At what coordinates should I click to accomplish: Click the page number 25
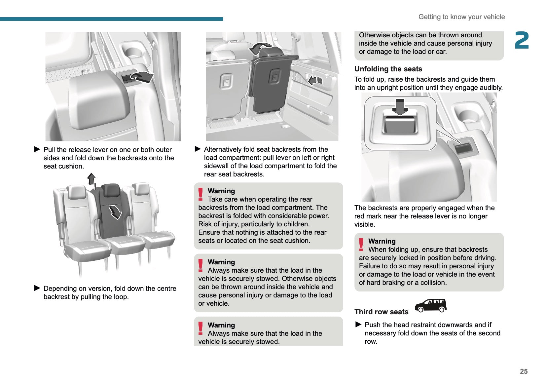point(524,371)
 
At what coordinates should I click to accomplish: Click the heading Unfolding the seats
point(388,69)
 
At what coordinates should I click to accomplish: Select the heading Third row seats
point(381,312)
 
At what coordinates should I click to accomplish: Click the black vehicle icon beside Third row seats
point(431,306)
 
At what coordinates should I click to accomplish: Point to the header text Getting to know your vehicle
point(461,17)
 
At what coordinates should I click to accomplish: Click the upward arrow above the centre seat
point(91,179)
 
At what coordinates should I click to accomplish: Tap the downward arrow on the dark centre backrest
point(115,212)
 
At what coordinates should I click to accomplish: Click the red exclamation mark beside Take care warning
point(200,194)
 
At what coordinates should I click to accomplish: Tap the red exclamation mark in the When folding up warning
point(361,245)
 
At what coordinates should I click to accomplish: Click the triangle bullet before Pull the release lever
point(37,149)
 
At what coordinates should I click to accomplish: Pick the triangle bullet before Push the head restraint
point(358,325)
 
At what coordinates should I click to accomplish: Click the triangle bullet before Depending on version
point(37,288)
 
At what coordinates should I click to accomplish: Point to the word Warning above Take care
point(221,191)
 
